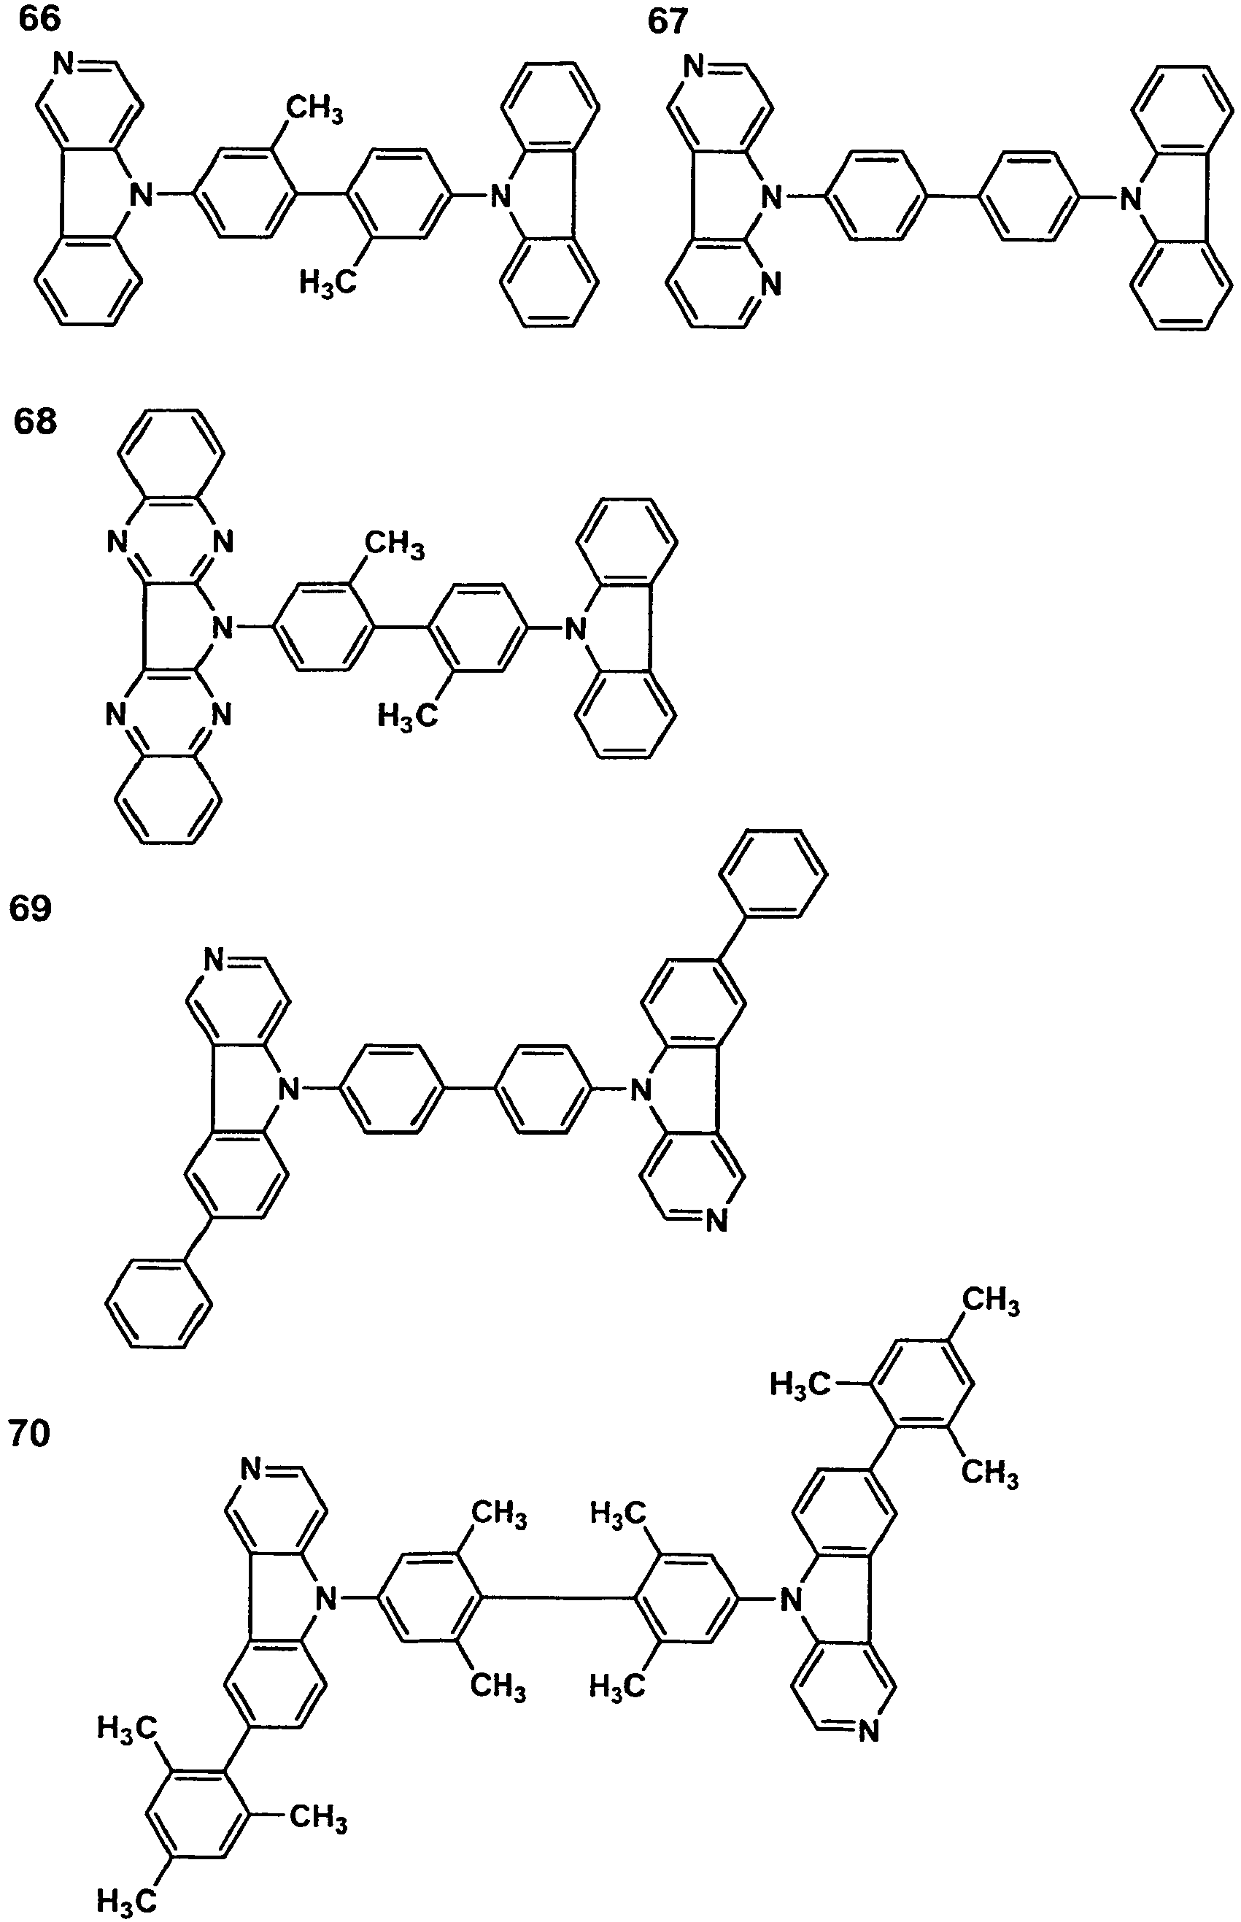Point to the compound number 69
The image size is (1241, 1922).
[30, 908]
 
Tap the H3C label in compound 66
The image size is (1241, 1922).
[328, 282]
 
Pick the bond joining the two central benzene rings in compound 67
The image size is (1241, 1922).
[953, 195]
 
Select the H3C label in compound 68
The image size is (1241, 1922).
[408, 714]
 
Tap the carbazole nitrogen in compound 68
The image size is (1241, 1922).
[573, 628]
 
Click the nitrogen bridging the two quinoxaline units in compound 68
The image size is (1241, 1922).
[223, 627]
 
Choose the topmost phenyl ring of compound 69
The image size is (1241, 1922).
[773, 873]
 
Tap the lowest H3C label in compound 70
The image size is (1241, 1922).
[126, 1899]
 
